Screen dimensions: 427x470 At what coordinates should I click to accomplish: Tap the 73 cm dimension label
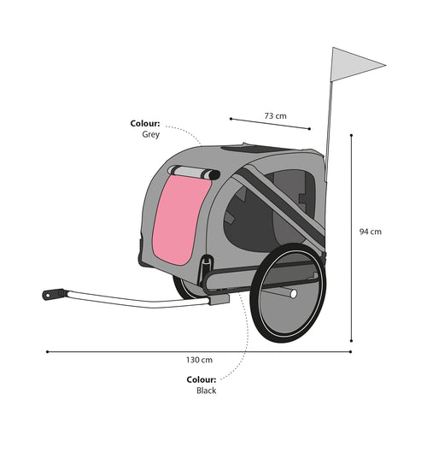pos(275,115)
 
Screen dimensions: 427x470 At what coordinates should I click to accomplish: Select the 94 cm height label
pos(371,232)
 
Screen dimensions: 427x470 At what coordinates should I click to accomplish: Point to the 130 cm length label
pos(199,360)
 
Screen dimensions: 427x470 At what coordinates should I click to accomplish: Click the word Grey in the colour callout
pos(150,134)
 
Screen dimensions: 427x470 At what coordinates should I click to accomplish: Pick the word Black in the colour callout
pos(206,391)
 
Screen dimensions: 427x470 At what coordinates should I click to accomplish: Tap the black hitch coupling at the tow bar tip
pos(53,294)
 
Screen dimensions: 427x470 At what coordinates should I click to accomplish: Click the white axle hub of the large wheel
pos(294,294)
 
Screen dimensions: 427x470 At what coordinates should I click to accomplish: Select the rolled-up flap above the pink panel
pos(194,173)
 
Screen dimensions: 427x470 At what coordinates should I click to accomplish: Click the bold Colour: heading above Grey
pos(145,124)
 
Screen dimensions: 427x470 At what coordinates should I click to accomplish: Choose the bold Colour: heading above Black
pos(201,379)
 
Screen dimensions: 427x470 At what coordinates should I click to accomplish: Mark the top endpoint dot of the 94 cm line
pos(351,136)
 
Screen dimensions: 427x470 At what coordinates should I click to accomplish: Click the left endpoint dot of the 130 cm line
pos(47,352)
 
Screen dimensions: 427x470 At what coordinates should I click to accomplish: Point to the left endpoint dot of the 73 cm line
pos(231,119)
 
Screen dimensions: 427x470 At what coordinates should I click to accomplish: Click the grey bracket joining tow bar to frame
pos(219,299)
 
